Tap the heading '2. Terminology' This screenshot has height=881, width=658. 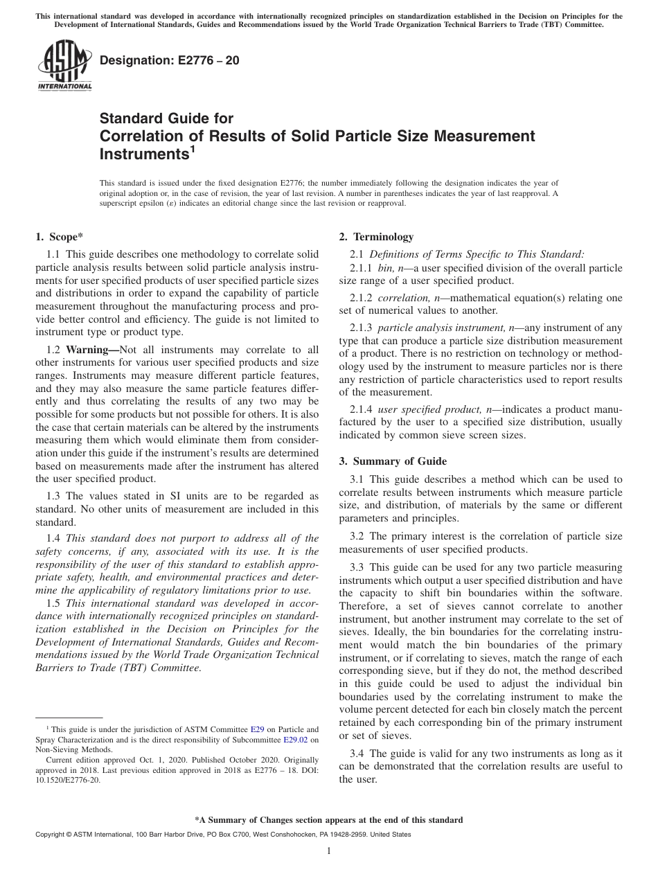coord(376,237)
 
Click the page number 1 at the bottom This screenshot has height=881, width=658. coord(329,851)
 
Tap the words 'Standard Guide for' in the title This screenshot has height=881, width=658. coord(166,118)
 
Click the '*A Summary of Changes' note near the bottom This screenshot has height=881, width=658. coord(328,820)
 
